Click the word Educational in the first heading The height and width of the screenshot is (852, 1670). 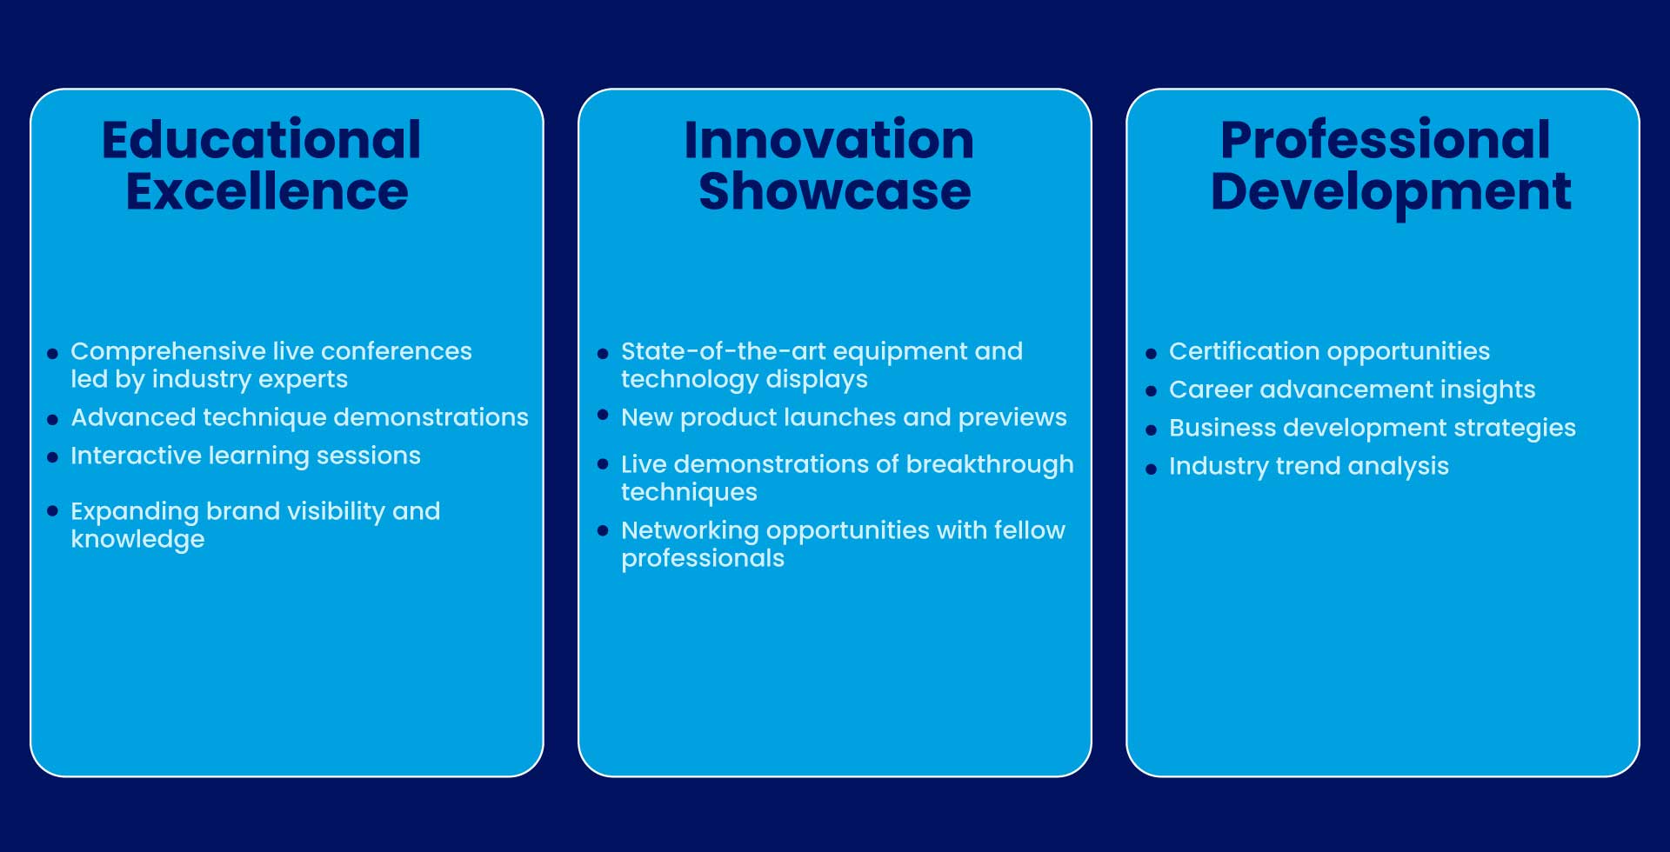tap(262, 139)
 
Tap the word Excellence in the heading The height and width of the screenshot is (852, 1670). tap(267, 191)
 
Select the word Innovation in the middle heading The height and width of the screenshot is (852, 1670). tap(829, 139)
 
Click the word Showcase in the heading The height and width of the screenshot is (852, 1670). tap(835, 191)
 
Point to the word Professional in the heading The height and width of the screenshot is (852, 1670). tap(1386, 139)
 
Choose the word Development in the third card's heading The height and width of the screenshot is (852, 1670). tap(1391, 192)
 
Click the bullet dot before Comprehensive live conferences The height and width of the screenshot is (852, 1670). tap(52, 354)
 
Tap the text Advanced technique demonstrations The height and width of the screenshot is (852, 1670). tap(300, 418)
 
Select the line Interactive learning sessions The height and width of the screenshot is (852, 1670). tap(245, 456)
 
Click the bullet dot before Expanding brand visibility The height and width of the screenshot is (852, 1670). tap(52, 511)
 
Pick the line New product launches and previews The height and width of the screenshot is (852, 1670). tap(844, 418)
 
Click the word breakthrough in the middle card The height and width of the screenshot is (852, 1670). tap(990, 465)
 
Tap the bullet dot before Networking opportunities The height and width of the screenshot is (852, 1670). tap(603, 530)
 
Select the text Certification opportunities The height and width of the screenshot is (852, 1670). tap(1329, 352)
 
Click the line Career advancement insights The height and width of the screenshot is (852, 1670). tap(1352, 390)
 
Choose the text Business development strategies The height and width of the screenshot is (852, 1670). tap(1373, 429)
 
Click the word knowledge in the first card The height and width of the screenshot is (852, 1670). tap(137, 540)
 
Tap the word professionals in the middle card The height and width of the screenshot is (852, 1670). tap(703, 559)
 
